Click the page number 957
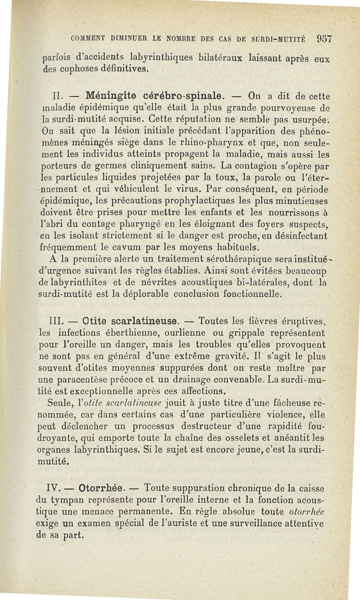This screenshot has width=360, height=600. point(324,38)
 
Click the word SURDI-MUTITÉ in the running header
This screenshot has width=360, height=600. point(280,39)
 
